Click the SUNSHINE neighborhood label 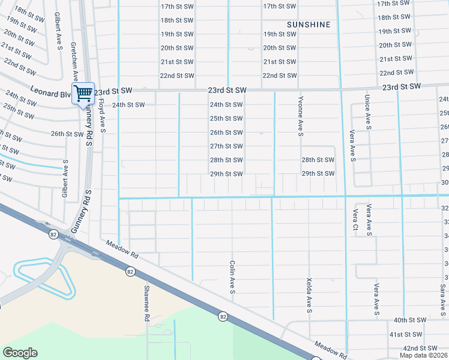coord(309,25)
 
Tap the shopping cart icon coord(83,93)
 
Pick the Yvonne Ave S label coord(300,117)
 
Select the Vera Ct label coord(355,220)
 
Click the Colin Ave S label coord(232,277)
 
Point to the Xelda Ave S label coord(309,295)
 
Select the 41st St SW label coord(407,334)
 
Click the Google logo coord(20,353)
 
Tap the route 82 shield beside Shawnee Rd coord(130,272)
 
